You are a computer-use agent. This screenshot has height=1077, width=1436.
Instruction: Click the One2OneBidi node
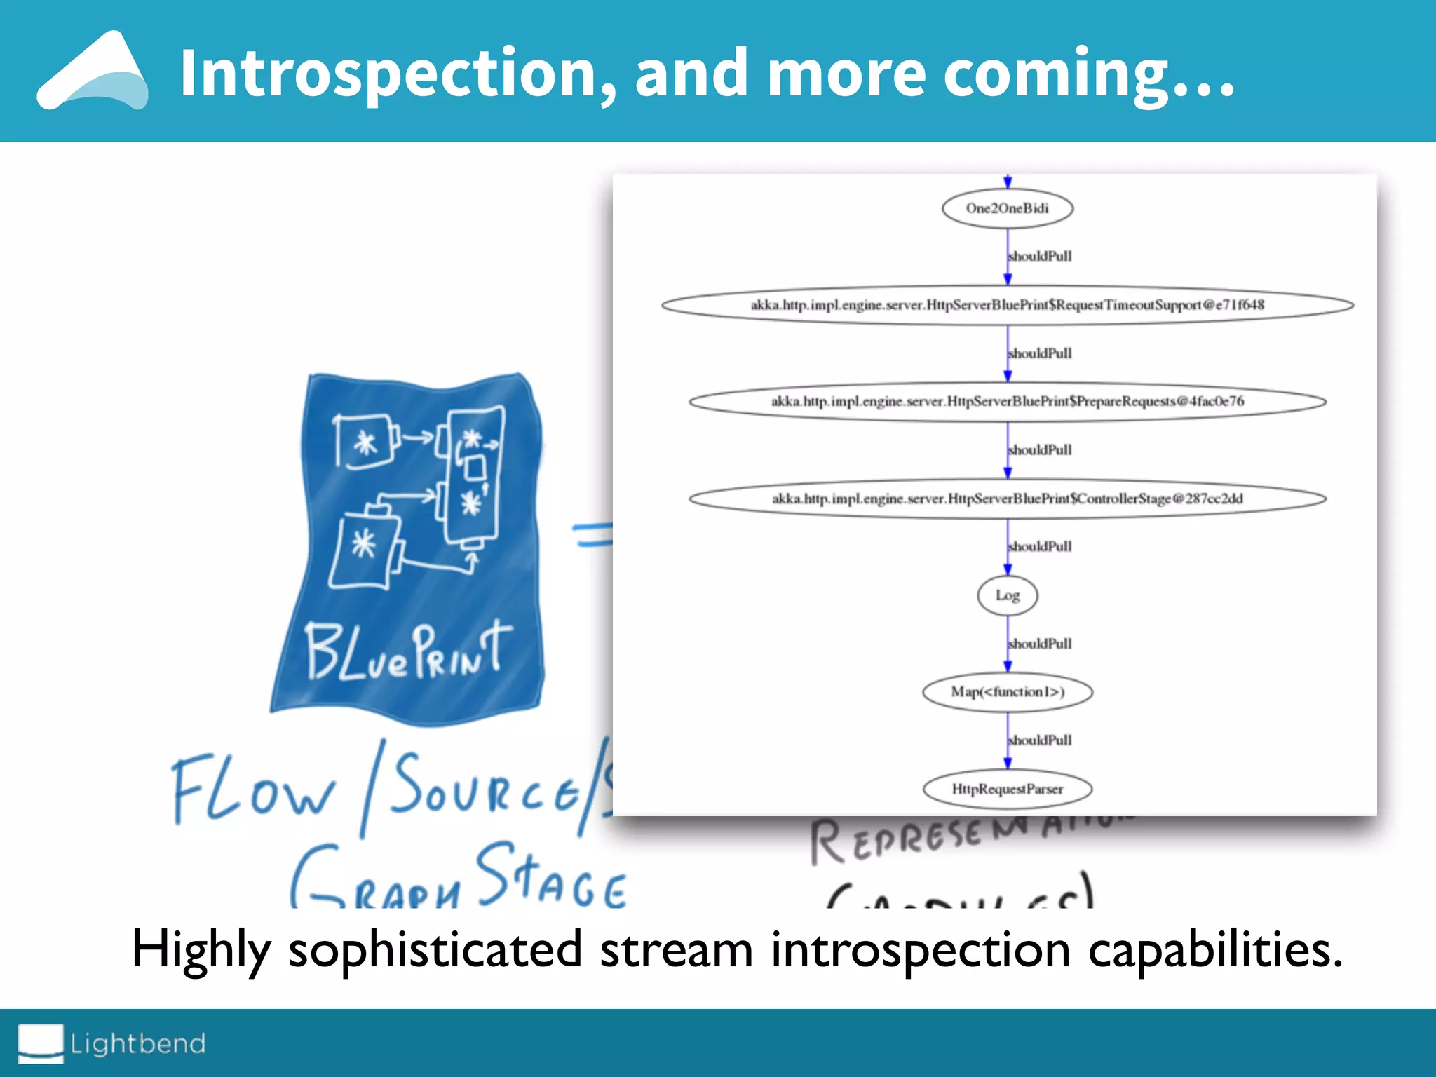[x=1007, y=208]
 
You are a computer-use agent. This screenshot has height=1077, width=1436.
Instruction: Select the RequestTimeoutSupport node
[x=1007, y=305]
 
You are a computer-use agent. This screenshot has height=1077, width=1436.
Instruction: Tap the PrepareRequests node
[x=1007, y=401]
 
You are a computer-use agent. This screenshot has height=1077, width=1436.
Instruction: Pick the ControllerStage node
[x=1007, y=499]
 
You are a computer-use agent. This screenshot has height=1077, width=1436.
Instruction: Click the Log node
[x=1007, y=595]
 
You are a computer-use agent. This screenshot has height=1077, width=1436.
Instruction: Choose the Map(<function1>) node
[x=1007, y=692]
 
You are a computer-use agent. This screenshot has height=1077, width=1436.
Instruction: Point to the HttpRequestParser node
[x=1007, y=789]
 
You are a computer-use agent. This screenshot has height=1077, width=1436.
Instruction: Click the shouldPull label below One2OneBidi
[x=1040, y=256]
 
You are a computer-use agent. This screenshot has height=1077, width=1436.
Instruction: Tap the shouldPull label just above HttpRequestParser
[x=1040, y=740]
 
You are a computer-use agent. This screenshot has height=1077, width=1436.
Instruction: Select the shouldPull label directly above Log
[x=1040, y=546]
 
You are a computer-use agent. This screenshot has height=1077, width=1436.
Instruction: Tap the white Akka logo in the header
[x=93, y=72]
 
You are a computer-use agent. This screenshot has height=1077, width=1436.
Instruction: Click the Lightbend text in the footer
[x=137, y=1043]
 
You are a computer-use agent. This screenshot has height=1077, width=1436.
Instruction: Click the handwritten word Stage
[x=550, y=876]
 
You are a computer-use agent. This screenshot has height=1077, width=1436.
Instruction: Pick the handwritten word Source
[x=484, y=785]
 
